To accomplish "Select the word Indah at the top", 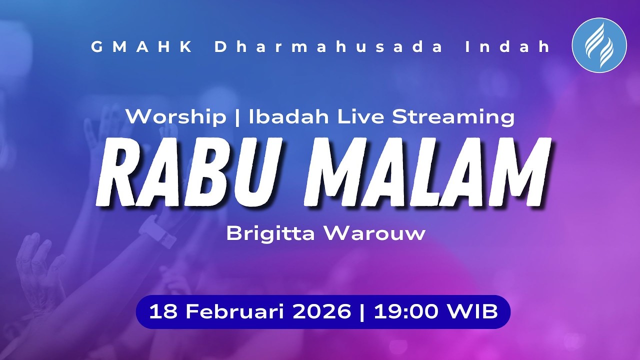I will click(x=507, y=47).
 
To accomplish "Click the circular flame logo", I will click(x=599, y=45).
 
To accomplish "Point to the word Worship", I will click(x=175, y=117).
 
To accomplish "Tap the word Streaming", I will click(x=453, y=117).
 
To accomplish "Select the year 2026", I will click(x=321, y=312).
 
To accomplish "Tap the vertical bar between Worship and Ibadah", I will click(x=237, y=117).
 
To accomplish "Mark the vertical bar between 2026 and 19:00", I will click(x=361, y=312).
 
